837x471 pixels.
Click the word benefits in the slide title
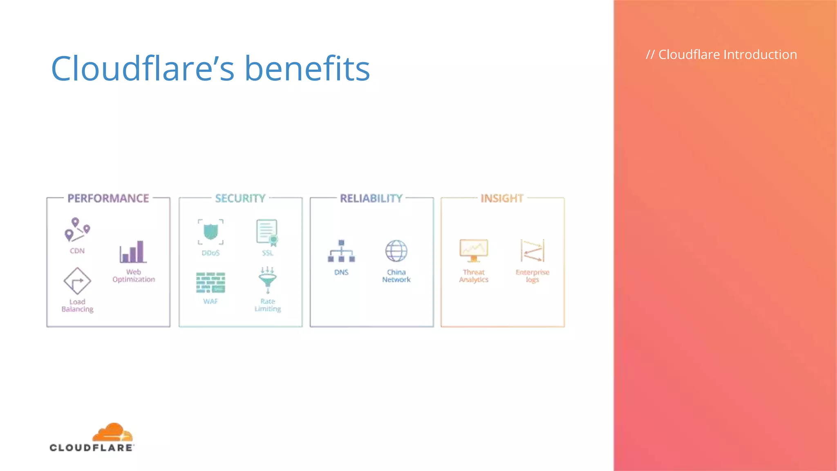click(307, 68)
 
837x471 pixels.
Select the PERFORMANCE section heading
click(108, 198)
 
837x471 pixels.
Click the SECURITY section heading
click(240, 198)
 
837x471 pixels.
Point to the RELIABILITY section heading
click(371, 198)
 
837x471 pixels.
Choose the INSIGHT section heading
click(502, 198)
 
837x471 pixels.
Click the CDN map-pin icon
click(77, 229)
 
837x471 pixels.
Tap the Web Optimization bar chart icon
click(133, 251)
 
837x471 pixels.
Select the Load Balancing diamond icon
click(77, 281)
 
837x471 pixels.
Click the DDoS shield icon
click(210, 232)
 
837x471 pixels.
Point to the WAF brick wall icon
click(210, 283)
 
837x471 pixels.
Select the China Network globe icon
click(396, 251)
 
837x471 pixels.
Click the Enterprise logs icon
click(532, 250)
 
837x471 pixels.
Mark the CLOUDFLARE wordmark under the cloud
click(92, 448)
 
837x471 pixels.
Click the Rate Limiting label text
click(268, 305)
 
